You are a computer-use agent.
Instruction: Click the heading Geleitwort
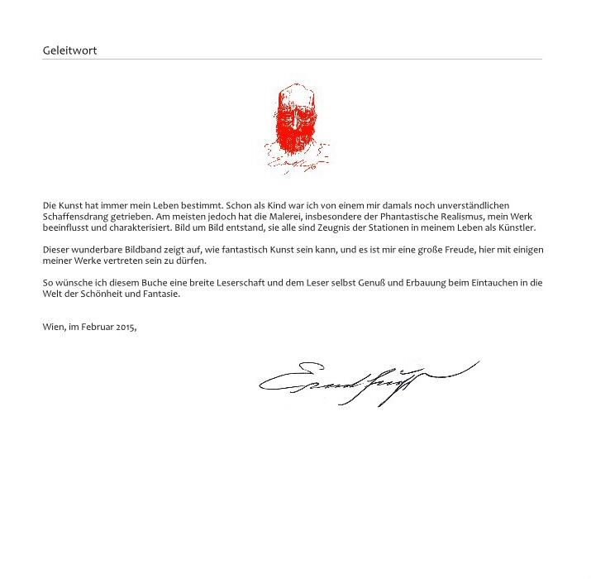coord(69,50)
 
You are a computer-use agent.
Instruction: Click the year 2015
coord(126,327)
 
